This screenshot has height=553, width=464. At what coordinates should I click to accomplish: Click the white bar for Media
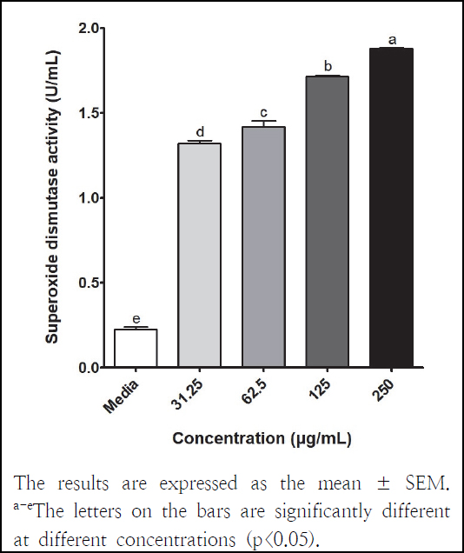(x=136, y=348)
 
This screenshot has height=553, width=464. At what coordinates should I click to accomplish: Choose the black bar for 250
(x=392, y=208)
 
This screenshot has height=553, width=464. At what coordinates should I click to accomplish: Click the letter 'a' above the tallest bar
(x=392, y=39)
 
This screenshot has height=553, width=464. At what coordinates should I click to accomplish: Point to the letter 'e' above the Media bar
(x=136, y=319)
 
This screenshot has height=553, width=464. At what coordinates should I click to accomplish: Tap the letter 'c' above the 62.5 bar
(x=264, y=112)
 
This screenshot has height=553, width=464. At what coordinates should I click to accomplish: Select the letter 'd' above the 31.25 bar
(x=200, y=132)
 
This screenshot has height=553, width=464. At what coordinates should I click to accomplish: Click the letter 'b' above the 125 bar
(x=328, y=66)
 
